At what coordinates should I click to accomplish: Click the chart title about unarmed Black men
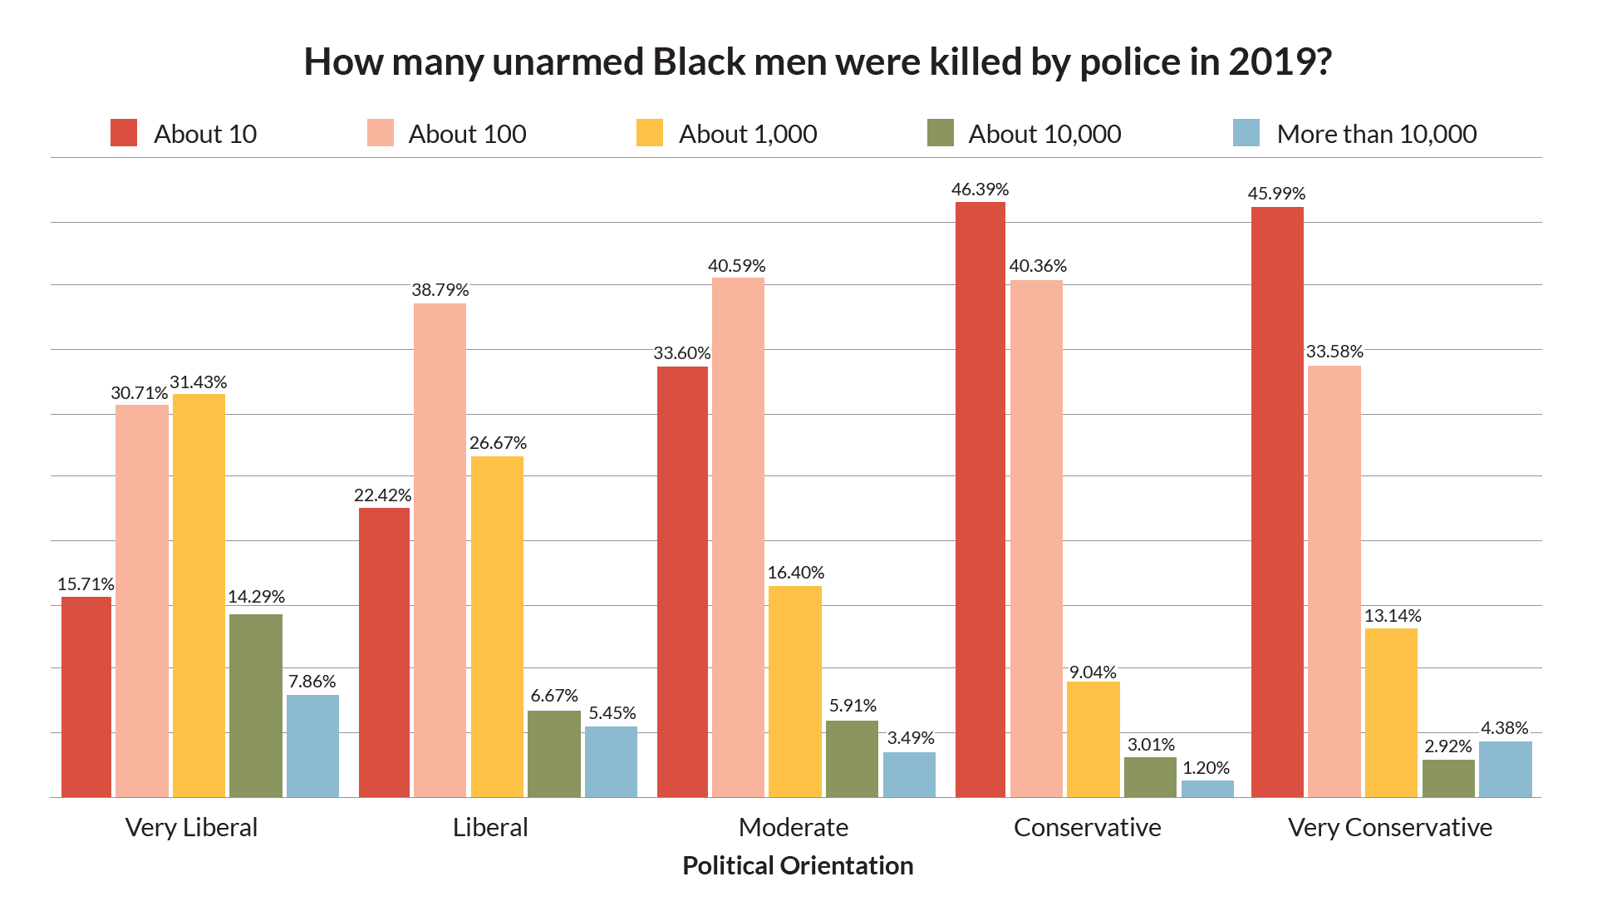[817, 62]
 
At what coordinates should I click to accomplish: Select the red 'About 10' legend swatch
[124, 133]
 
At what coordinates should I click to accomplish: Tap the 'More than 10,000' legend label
[1376, 134]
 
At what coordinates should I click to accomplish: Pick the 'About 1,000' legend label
[747, 134]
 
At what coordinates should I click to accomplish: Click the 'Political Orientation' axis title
[797, 865]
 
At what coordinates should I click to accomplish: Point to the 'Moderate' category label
[793, 827]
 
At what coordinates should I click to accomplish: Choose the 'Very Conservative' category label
[1389, 827]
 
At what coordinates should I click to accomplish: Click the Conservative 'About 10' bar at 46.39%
[980, 499]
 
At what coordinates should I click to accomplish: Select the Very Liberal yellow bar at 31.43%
[199, 594]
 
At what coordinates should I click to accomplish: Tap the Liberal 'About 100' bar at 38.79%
[440, 549]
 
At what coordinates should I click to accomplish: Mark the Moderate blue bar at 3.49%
[909, 775]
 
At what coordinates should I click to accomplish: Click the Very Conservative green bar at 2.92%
[1447, 779]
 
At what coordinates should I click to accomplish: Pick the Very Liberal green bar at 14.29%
[255, 705]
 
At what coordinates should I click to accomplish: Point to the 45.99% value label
[1276, 194]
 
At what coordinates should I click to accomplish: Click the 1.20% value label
[1206, 768]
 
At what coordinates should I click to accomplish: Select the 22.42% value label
[382, 495]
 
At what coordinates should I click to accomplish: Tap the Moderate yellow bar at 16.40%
[794, 692]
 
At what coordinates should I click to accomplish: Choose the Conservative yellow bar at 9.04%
[1093, 739]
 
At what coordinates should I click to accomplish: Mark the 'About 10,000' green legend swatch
[940, 133]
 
